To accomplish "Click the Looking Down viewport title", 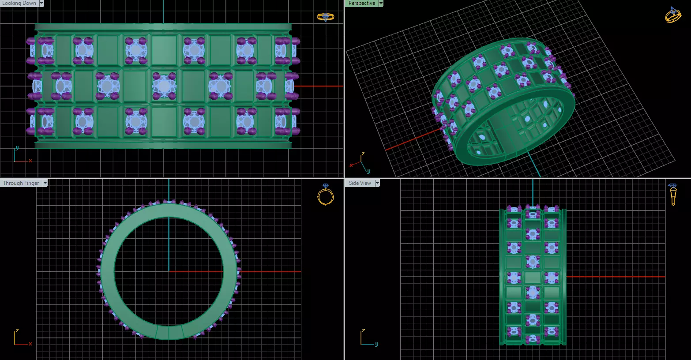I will [19, 3].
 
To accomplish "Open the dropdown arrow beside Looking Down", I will [42, 3].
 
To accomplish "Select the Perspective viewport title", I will [361, 3].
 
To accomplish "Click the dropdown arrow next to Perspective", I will [381, 3].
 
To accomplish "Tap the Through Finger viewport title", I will [21, 183].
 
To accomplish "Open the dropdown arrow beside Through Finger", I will [45, 183].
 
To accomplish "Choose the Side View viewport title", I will [360, 183].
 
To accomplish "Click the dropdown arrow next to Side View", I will [377, 183].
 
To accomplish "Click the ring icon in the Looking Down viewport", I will [325, 17].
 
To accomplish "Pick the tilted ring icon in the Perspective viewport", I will [672, 15].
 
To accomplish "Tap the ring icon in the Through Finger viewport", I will [325, 195].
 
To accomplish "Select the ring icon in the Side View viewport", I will [672, 195].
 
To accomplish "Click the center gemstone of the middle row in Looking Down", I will [164, 86].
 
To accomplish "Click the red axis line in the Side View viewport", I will [618, 277].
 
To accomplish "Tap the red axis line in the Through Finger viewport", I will [265, 271].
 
